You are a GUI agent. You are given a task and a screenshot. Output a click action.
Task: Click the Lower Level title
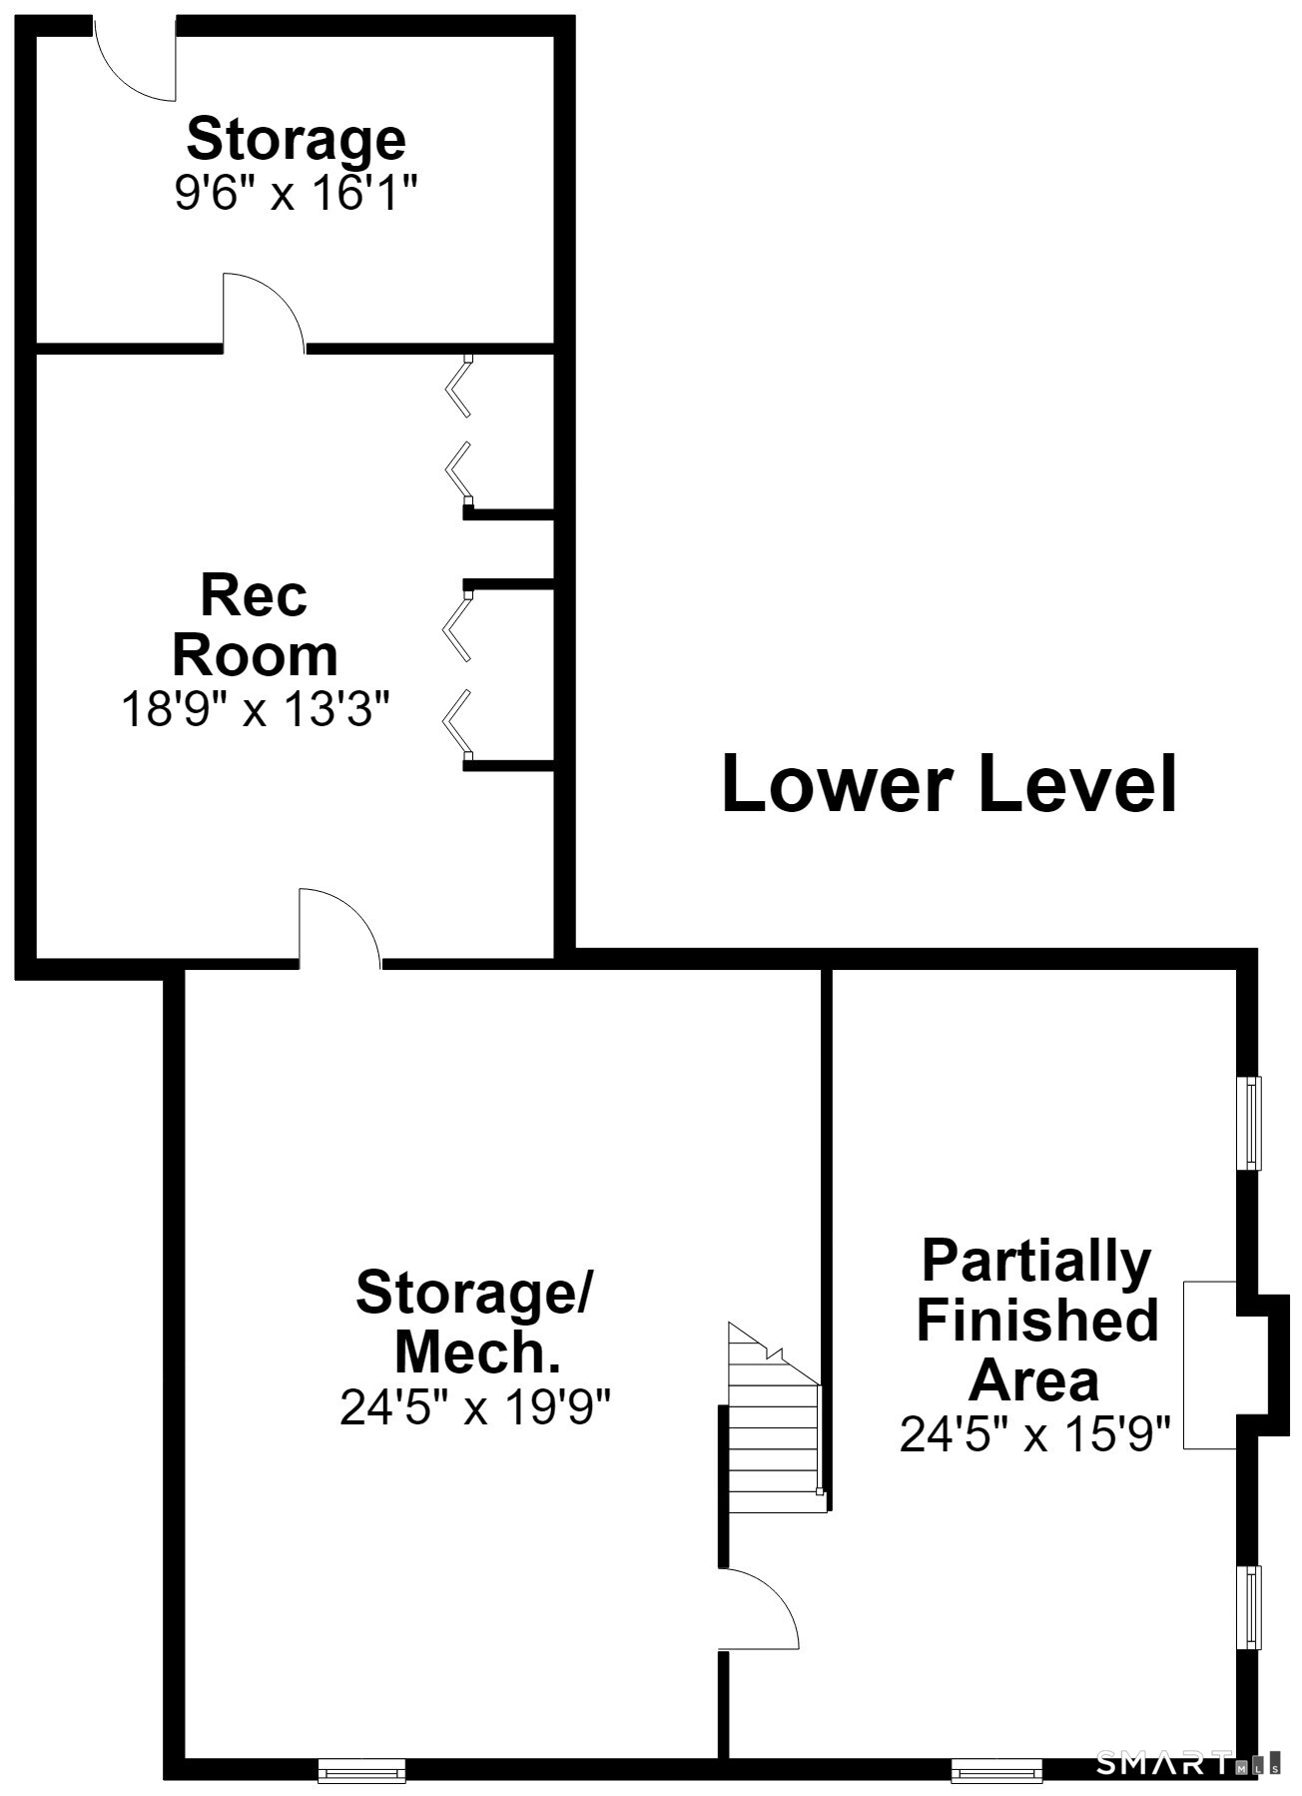click(x=950, y=784)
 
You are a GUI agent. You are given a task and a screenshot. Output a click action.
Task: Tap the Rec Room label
click(x=255, y=625)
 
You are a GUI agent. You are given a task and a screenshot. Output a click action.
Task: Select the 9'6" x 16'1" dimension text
click(x=296, y=192)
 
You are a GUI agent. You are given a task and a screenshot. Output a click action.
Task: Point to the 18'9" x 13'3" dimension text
click(x=255, y=710)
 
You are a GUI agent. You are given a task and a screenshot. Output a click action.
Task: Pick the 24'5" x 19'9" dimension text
click(x=475, y=1407)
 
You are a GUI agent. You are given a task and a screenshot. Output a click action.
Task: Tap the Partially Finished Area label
click(x=1036, y=1321)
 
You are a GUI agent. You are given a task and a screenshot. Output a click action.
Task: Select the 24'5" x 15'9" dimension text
click(x=1035, y=1435)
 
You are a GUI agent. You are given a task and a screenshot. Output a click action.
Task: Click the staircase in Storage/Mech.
click(x=775, y=1418)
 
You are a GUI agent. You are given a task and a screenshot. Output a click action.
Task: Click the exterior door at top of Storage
click(x=135, y=60)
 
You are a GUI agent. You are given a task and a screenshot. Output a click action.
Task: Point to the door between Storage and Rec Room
click(x=264, y=313)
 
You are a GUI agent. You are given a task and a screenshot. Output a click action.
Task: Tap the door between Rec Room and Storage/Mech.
click(x=339, y=928)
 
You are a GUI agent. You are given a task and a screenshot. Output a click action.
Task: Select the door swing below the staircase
click(x=759, y=1608)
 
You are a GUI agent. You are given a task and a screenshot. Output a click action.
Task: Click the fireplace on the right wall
click(x=1235, y=1364)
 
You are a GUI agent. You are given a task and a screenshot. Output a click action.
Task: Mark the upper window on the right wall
click(x=1248, y=1123)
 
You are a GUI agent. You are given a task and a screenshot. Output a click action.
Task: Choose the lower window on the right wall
click(x=1248, y=1607)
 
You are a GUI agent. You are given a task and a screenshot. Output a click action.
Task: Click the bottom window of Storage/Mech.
click(x=361, y=1771)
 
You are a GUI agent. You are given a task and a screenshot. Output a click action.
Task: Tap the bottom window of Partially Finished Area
click(x=996, y=1771)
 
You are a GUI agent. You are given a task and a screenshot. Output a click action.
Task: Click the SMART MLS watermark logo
click(x=1188, y=1763)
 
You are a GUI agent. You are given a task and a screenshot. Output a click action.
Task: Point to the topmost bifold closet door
click(x=459, y=386)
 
